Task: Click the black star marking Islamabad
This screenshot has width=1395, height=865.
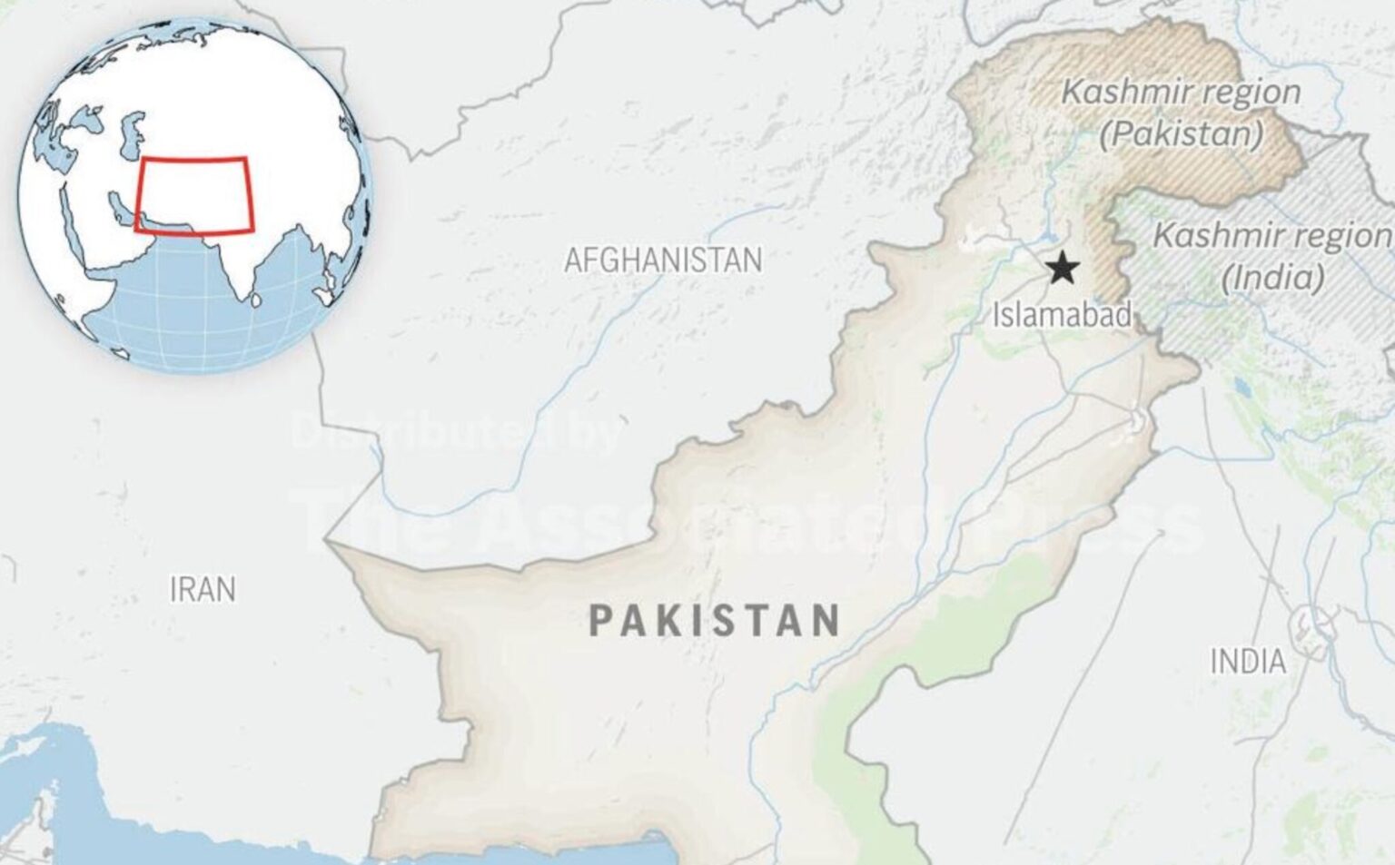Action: [1062, 269]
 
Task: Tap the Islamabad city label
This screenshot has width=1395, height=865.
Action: [1061, 316]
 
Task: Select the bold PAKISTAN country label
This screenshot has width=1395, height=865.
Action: [714, 621]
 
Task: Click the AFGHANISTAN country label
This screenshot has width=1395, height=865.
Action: [663, 260]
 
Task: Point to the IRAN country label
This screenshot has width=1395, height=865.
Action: [203, 590]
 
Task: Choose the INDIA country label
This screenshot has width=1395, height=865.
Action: [1248, 662]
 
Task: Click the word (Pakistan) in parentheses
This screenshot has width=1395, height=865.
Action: [1181, 134]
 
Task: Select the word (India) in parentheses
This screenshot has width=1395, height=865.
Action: [1272, 277]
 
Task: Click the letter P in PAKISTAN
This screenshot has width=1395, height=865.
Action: [600, 621]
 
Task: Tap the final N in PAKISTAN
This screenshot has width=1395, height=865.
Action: [826, 621]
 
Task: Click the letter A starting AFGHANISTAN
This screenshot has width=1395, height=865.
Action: [573, 260]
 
